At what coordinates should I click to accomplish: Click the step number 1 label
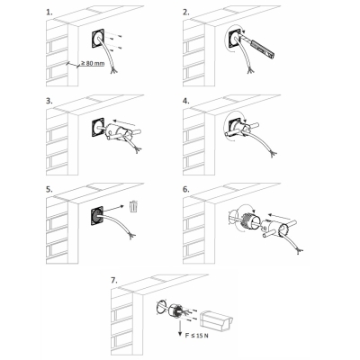tap(49, 13)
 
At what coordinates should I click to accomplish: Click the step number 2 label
tap(186, 13)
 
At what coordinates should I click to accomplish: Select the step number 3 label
tap(49, 101)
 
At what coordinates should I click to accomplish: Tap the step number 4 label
tap(186, 101)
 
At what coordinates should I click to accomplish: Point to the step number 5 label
tap(49, 189)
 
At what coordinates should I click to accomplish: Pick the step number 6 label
tap(186, 189)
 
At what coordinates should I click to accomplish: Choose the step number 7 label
tap(114, 280)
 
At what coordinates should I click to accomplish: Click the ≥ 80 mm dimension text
tap(93, 64)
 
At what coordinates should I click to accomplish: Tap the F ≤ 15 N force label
tap(196, 336)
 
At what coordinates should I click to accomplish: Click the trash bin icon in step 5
tap(134, 207)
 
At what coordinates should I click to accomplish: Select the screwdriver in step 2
tap(258, 46)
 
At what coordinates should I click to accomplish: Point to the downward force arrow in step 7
tap(180, 328)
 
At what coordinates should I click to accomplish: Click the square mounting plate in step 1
tap(98, 38)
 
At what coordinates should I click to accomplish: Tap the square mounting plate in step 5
tap(97, 216)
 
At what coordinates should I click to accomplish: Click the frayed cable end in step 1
tap(113, 70)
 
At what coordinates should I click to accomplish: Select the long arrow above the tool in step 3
tap(126, 122)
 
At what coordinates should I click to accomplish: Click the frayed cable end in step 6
tap(300, 250)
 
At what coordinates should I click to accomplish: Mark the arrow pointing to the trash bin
tap(113, 210)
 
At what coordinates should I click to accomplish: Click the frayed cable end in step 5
tap(131, 236)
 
